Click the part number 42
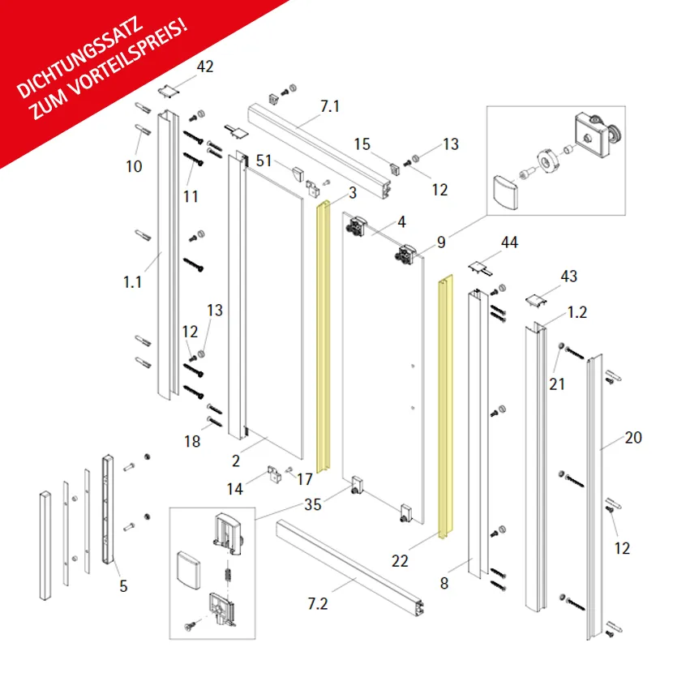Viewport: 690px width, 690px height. tap(205, 66)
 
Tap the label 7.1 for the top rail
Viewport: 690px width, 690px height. tap(330, 106)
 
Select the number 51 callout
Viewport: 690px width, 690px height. tap(264, 161)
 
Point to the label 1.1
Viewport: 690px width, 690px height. tap(132, 282)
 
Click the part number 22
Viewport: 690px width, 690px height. tap(400, 561)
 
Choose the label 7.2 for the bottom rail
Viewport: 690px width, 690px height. tap(318, 604)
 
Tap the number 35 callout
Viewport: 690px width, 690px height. tap(313, 505)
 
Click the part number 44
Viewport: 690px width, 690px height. tap(509, 242)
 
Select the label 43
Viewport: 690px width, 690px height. tap(568, 276)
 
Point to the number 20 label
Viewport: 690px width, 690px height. tap(633, 437)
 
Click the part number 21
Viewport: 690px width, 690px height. tap(557, 384)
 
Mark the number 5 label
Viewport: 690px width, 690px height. tap(124, 586)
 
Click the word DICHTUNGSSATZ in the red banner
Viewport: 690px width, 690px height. tap(79, 57)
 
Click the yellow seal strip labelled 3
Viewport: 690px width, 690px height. tap(323, 336)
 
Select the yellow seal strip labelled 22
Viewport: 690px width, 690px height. tap(445, 407)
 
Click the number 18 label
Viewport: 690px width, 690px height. tap(192, 441)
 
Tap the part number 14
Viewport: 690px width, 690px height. tap(234, 489)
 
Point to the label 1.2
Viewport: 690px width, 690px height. tap(577, 312)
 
